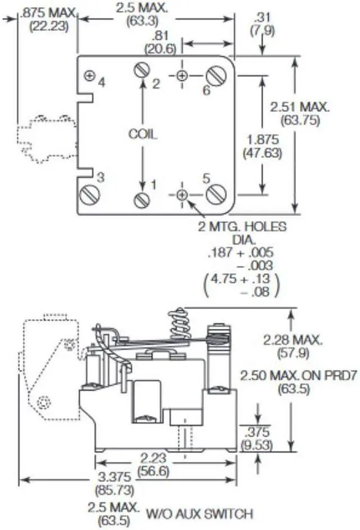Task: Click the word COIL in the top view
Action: pyautogui.click(x=143, y=134)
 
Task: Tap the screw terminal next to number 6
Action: pyautogui.click(x=216, y=75)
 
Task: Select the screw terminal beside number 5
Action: pyautogui.click(x=216, y=194)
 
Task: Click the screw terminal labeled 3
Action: pyautogui.click(x=90, y=194)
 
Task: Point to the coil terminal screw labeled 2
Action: pyautogui.click(x=142, y=70)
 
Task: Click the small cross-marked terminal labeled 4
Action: pyautogui.click(x=89, y=76)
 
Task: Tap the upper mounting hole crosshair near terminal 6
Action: pyautogui.click(x=182, y=75)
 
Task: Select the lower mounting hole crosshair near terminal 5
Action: pyautogui.click(x=182, y=194)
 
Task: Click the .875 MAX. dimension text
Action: pyautogui.click(x=48, y=13)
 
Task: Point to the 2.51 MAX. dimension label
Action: pyautogui.click(x=300, y=107)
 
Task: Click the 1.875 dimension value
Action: pyautogui.click(x=263, y=139)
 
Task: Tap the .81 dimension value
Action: pyautogui.click(x=160, y=35)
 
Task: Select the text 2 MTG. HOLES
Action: pyautogui.click(x=242, y=226)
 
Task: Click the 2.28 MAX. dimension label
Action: pyautogui.click(x=293, y=340)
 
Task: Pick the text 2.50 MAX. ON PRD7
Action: pyautogui.click(x=299, y=375)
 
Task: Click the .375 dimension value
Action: pyautogui.click(x=257, y=432)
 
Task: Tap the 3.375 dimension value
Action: pyautogui.click(x=114, y=477)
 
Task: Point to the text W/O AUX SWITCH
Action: pyautogui.click(x=200, y=514)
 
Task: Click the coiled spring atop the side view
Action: pyautogui.click(x=180, y=324)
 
